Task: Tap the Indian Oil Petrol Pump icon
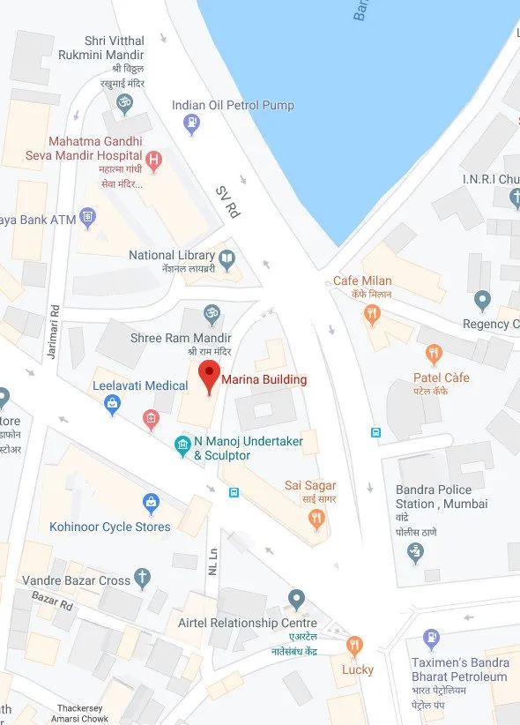tap(191, 125)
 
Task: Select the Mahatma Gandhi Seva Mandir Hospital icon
tap(154, 161)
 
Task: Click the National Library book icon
tap(227, 258)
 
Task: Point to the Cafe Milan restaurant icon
tap(374, 312)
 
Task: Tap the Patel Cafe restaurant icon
tap(433, 355)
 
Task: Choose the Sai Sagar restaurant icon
tap(316, 519)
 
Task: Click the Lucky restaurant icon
tap(354, 646)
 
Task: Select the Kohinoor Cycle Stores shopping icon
tap(152, 504)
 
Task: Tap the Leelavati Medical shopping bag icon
tap(112, 405)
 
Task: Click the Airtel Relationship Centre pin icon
tap(297, 600)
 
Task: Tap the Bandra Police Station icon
tap(415, 552)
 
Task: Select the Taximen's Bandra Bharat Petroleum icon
tap(431, 638)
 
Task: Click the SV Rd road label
tap(228, 202)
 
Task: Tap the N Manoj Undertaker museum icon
tap(182, 444)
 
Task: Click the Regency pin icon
tap(481, 301)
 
